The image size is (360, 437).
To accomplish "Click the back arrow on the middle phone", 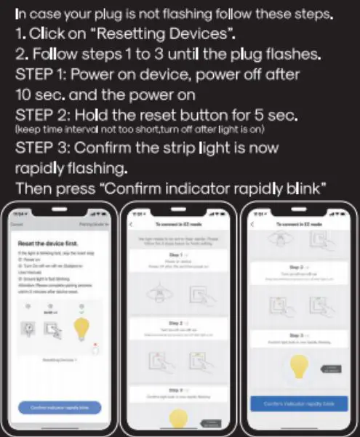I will pos(132,225).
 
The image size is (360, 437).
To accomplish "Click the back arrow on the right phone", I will pos(252,225).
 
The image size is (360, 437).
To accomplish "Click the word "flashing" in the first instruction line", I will pos(185,15).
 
